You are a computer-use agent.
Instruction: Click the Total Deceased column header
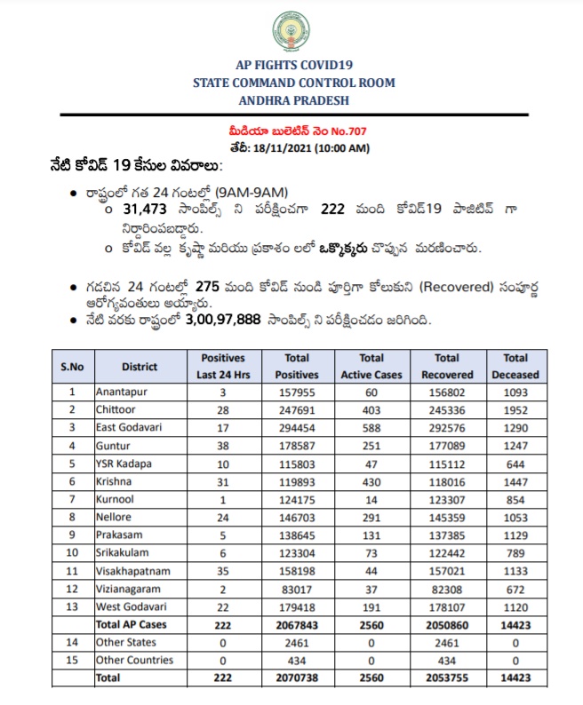(515, 366)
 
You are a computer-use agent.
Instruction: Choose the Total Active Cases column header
(371, 366)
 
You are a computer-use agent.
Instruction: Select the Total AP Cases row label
(132, 625)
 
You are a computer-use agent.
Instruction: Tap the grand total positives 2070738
(296, 679)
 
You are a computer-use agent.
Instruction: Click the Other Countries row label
(134, 661)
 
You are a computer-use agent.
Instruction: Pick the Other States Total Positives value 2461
(296, 642)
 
